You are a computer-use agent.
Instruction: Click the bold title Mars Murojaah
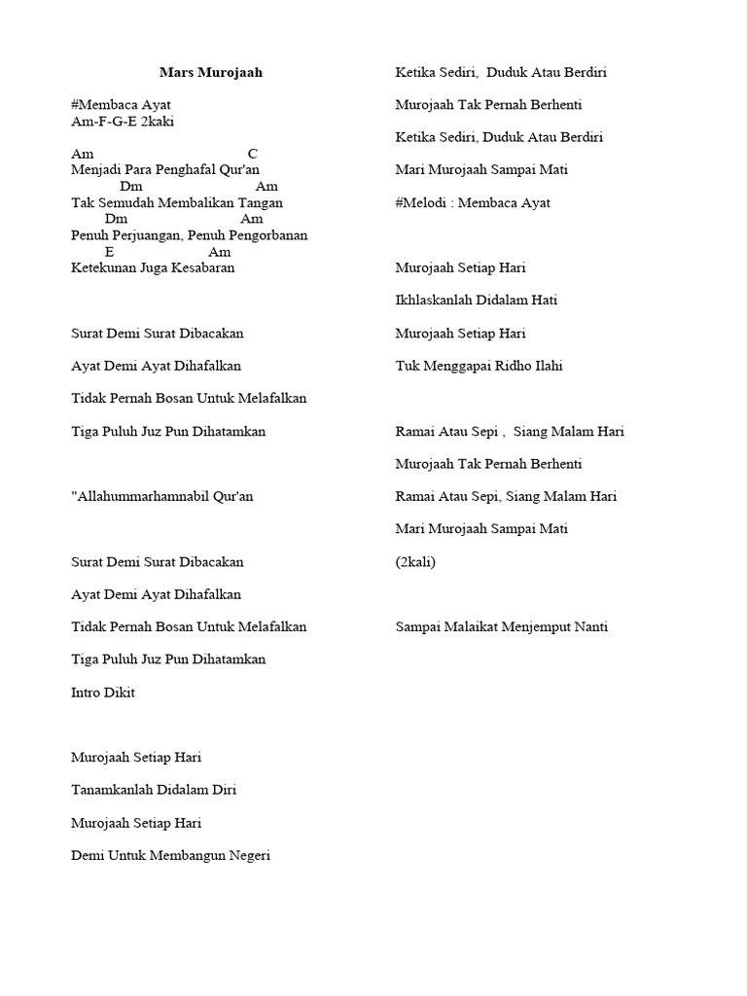point(211,72)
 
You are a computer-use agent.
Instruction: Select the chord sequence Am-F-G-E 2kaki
point(123,122)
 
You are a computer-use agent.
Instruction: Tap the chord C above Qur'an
point(253,154)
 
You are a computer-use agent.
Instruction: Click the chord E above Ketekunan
point(109,252)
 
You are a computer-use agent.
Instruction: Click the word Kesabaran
point(204,267)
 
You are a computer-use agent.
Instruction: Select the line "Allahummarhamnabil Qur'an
point(162,496)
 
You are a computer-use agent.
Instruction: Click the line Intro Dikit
point(103,693)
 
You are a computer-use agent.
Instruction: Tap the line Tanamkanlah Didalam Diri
point(154,790)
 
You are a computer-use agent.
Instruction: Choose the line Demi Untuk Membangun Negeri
point(170,856)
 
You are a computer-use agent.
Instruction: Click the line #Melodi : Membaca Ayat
point(473,202)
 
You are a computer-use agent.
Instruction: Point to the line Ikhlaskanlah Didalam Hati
point(477,301)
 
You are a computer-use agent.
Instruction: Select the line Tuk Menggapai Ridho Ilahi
point(480,366)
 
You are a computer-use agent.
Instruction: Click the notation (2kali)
point(416,561)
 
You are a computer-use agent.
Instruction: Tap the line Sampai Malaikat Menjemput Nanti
point(502,626)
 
